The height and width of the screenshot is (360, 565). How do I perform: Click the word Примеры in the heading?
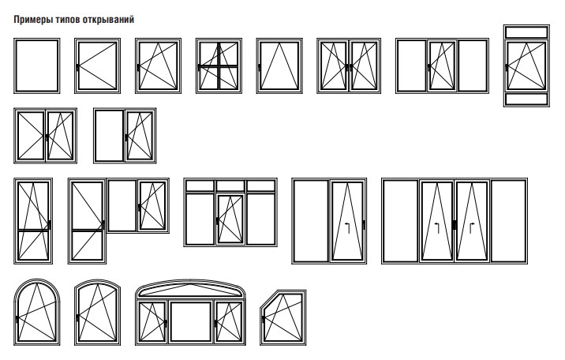(33, 20)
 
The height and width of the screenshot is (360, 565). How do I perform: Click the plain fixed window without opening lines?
(37, 66)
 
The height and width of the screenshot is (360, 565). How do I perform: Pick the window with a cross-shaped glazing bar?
(219, 66)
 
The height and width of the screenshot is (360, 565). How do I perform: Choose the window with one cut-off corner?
(283, 318)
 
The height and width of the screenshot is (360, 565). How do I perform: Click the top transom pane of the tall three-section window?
(526, 32)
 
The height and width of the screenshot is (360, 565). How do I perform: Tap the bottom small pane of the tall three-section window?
(526, 99)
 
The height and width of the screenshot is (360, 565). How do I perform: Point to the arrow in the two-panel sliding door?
(347, 228)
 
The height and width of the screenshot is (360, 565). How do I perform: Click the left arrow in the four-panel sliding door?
(436, 228)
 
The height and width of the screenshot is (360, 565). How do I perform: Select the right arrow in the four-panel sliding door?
(472, 228)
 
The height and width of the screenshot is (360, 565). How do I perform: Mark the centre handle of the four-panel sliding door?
(455, 224)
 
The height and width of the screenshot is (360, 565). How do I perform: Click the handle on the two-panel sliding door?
(364, 224)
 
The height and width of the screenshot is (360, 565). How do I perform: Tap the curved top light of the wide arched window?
(190, 289)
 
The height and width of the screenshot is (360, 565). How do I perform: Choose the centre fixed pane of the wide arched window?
(191, 322)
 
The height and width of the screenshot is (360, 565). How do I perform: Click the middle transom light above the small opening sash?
(230, 186)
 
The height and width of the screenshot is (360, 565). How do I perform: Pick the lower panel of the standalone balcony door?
(33, 246)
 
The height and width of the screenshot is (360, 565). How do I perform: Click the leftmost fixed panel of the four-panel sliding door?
(400, 221)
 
